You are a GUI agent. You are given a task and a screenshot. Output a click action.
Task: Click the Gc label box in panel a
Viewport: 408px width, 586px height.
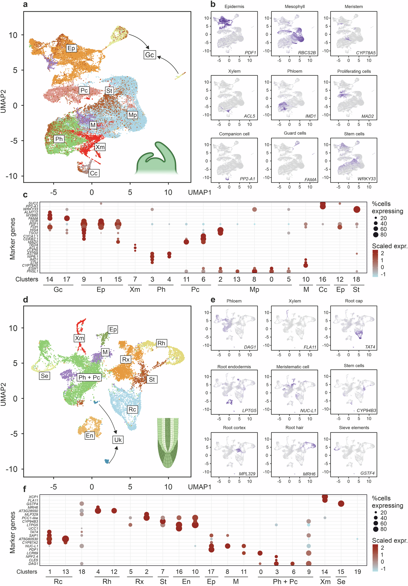click(x=149, y=55)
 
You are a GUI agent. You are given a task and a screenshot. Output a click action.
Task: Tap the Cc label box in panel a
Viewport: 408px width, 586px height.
click(x=94, y=173)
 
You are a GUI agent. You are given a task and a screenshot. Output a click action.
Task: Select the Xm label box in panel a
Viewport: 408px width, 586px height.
click(x=100, y=147)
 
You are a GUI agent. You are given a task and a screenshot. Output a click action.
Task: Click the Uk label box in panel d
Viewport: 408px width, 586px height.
click(x=118, y=439)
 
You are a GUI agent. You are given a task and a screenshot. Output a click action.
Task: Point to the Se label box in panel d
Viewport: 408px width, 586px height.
click(x=44, y=376)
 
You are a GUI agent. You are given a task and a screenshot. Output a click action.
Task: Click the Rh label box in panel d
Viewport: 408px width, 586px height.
click(x=161, y=343)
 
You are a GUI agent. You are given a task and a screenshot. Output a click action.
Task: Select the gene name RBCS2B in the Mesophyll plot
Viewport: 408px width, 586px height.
click(x=307, y=53)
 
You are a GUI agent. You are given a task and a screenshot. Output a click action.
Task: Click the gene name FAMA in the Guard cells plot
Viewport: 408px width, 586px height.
click(x=310, y=180)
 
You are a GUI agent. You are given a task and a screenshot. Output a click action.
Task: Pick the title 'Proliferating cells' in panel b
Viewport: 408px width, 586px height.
click(x=354, y=71)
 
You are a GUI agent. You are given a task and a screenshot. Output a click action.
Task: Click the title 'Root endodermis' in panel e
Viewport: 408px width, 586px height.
click(x=234, y=367)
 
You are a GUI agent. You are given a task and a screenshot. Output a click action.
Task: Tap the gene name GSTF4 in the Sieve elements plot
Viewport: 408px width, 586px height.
click(x=367, y=473)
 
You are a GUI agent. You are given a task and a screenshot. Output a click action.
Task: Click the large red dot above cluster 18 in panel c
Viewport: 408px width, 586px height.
click(x=357, y=210)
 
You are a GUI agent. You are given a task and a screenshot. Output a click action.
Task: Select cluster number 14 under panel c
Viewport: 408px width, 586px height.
click(x=50, y=279)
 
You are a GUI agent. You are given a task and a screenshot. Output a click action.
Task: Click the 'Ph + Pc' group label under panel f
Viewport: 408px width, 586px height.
click(x=285, y=581)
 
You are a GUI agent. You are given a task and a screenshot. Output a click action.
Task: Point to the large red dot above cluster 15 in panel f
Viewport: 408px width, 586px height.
click(x=341, y=503)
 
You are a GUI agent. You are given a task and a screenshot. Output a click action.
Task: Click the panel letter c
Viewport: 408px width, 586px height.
click(x=25, y=195)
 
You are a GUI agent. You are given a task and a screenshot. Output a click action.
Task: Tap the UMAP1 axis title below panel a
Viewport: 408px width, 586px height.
click(x=199, y=192)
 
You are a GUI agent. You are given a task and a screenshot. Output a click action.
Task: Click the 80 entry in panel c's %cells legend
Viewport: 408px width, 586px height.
click(x=383, y=235)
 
